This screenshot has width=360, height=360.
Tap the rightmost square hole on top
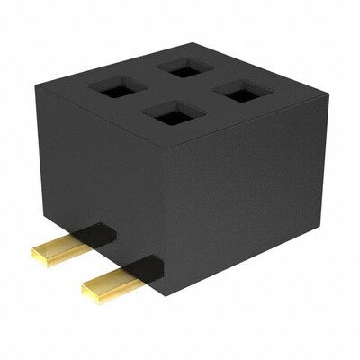pos(241,91)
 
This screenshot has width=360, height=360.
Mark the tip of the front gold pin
pos(88,292)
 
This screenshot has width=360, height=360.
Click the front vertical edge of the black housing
pos(170,220)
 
